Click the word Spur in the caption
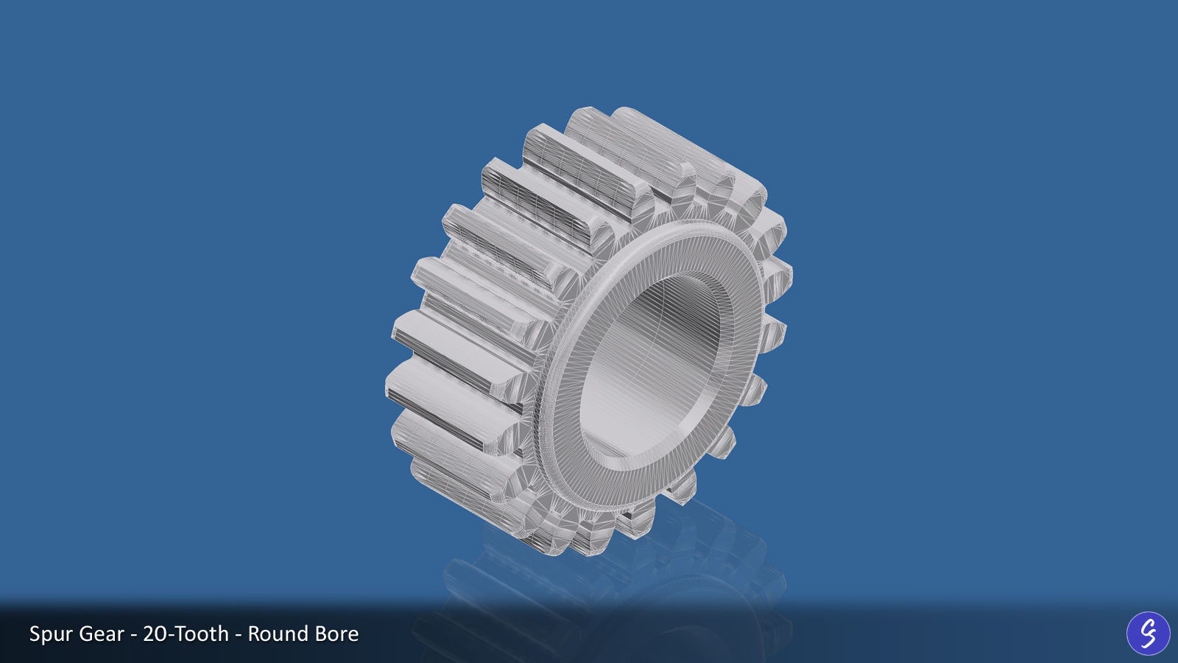pos(52,634)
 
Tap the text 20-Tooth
pos(186,634)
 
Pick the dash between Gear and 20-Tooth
pos(134,635)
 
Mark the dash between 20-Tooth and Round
pos(239,635)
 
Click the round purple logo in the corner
pos(1148,634)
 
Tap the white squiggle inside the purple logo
pos(1148,634)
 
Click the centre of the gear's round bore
pos(652,368)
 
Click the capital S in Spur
pos(34,634)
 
